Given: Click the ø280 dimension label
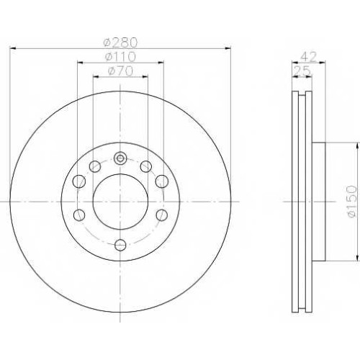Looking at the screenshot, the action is click(x=120, y=42).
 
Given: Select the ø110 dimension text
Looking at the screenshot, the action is click(x=120, y=57).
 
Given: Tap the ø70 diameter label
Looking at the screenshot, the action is click(x=120, y=71).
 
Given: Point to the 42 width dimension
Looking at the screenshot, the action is click(x=309, y=57).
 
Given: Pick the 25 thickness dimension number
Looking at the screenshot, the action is click(x=302, y=71).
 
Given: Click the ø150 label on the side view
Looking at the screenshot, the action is click(x=352, y=202).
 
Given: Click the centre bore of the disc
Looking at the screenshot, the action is click(x=120, y=202).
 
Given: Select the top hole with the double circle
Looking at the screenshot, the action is click(x=120, y=158).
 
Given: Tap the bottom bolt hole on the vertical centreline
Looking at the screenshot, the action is click(x=120, y=245).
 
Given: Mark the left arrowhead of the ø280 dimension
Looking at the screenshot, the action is click(x=12, y=49).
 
